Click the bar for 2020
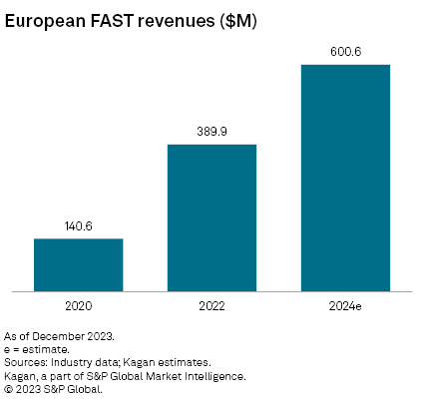(x=78, y=265)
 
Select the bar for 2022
(x=212, y=218)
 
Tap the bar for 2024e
(x=345, y=179)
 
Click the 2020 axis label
(x=78, y=305)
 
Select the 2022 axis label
(x=212, y=305)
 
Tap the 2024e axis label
(x=345, y=305)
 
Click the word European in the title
(x=46, y=20)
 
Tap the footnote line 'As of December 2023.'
(x=59, y=337)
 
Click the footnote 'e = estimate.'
(x=37, y=350)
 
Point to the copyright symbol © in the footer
(x=9, y=389)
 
